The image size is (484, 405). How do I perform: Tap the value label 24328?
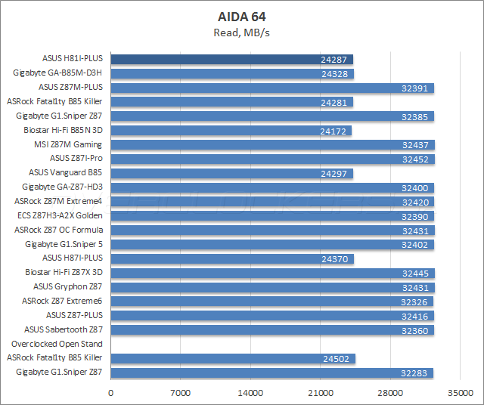coord(335,73)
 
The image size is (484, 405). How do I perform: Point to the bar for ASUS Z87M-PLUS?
coord(272,88)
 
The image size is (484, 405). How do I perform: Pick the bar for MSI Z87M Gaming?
coord(272,145)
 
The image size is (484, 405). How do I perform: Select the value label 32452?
coord(416,159)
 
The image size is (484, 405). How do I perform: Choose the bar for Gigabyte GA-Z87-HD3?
coord(272,187)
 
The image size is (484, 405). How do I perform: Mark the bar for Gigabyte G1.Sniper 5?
coord(272,245)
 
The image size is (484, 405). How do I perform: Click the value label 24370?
coord(336,259)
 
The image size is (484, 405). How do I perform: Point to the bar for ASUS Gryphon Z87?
coord(272,288)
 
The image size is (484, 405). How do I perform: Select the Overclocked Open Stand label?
coord(64,344)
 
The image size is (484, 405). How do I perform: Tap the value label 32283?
coord(416,373)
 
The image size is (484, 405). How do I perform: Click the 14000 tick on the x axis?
coord(251,394)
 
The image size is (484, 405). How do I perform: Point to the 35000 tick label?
coord(461,394)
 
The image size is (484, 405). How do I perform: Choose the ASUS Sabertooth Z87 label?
coord(64,329)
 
